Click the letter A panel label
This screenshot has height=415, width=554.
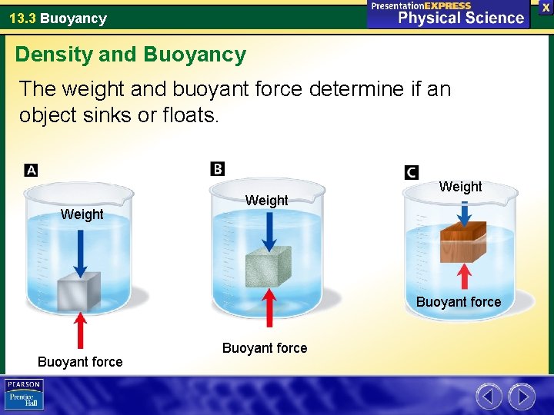(32, 170)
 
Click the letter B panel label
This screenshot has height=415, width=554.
(218, 168)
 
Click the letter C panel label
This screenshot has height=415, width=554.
(412, 172)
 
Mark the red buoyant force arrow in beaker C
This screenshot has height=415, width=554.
(464, 277)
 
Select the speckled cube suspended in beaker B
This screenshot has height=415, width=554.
(268, 267)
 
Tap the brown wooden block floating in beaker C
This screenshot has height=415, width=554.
(462, 241)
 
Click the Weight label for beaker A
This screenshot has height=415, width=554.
(82, 214)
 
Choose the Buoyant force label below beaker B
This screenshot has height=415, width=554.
(265, 348)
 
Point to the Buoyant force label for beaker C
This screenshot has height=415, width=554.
(459, 302)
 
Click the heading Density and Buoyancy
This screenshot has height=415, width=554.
(131, 55)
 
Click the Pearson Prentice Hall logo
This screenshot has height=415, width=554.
(25, 395)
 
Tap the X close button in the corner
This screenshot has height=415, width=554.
(546, 7)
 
